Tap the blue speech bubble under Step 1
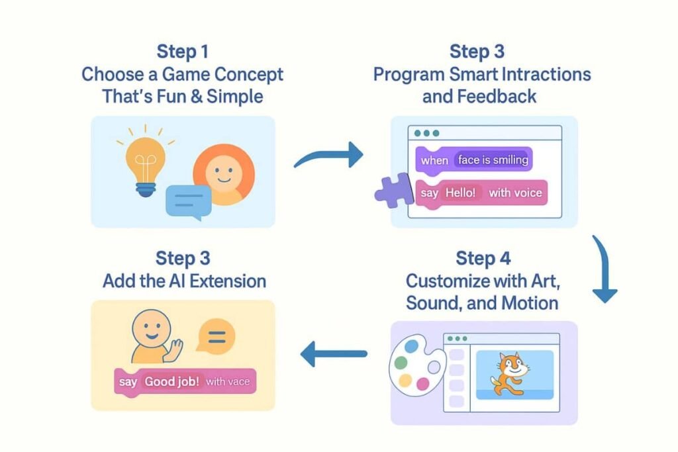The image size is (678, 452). tap(188, 201)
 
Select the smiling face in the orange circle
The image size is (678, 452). tap(223, 173)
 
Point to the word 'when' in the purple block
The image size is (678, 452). tap(434, 160)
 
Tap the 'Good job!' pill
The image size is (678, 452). tap(171, 382)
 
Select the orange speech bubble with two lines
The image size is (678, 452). tap(215, 336)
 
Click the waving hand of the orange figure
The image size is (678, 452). tap(174, 349)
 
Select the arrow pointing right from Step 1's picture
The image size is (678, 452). tap(329, 156)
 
